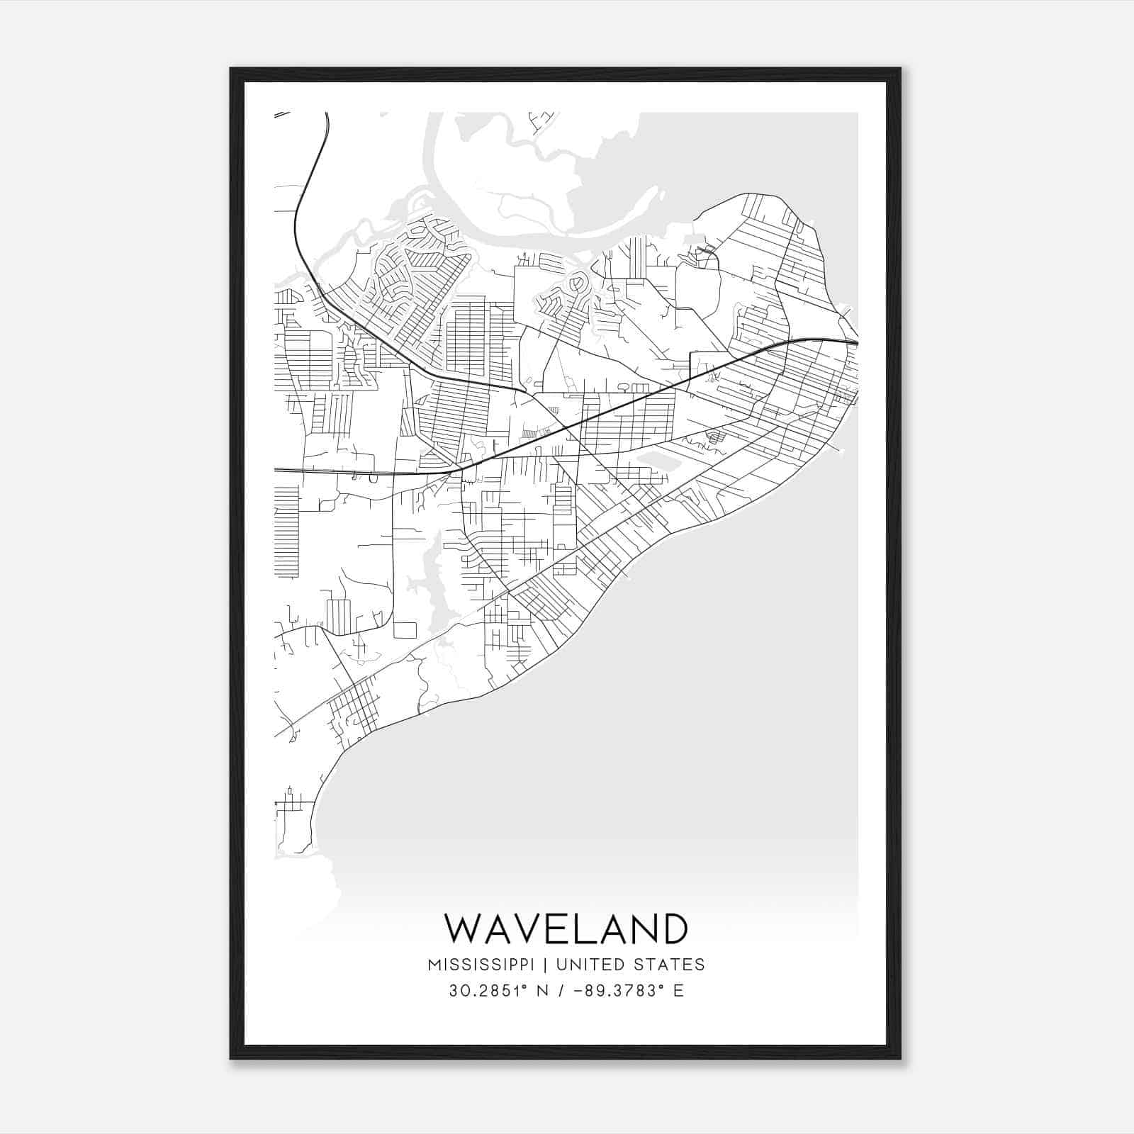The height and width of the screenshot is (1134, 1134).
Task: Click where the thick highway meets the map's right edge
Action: [857, 344]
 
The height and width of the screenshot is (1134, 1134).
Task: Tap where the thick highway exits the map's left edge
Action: [276, 469]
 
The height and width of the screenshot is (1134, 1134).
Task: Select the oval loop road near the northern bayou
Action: [577, 285]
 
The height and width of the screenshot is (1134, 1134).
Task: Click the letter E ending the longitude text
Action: [679, 991]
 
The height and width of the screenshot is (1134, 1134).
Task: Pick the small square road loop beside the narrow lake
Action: [405, 629]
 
